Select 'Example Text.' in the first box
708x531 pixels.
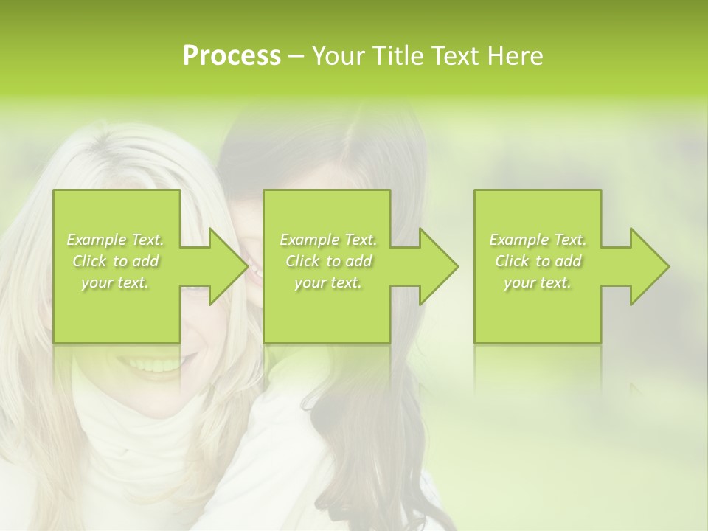tap(115, 240)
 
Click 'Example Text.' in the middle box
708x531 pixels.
tap(328, 240)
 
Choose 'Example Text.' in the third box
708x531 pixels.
tap(538, 240)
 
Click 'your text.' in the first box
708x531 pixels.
tap(115, 282)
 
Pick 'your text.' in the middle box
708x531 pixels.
tap(328, 282)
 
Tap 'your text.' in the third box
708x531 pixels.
tap(538, 282)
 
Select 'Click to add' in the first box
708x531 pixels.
tap(115, 261)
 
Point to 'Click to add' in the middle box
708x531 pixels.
tap(328, 261)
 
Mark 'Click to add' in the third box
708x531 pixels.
tap(538, 261)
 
